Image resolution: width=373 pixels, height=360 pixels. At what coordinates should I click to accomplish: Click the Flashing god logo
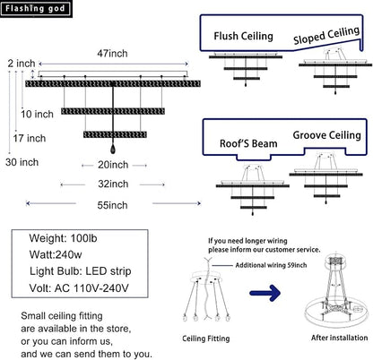click(36, 9)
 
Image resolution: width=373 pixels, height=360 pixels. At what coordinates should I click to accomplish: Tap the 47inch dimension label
click(112, 54)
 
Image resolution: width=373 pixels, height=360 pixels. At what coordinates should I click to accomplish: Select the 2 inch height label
click(22, 64)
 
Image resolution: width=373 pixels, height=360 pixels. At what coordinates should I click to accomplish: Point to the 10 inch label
click(37, 114)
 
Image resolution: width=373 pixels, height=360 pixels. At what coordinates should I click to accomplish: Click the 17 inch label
click(30, 138)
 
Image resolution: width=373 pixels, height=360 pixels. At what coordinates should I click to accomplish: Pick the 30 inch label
click(22, 162)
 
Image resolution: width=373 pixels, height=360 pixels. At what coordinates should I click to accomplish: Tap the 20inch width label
click(113, 165)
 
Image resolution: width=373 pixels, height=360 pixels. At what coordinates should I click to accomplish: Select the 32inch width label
click(113, 184)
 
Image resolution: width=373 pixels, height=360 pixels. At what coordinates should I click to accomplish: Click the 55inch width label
click(112, 205)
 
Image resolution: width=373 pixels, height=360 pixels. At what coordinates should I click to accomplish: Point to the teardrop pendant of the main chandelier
click(113, 149)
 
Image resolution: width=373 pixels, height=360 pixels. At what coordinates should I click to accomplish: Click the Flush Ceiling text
click(243, 36)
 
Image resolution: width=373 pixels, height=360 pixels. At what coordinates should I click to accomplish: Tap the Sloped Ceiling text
click(326, 35)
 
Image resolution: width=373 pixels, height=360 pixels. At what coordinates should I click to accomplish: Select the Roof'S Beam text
click(248, 143)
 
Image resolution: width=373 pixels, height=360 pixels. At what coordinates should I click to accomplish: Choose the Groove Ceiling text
click(326, 135)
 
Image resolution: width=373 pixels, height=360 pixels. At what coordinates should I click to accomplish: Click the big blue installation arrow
click(265, 293)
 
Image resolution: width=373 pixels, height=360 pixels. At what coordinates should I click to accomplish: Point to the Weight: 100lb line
click(63, 238)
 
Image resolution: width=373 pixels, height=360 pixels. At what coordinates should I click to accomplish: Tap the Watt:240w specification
click(56, 254)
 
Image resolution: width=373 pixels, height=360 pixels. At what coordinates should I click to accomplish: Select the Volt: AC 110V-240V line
click(79, 288)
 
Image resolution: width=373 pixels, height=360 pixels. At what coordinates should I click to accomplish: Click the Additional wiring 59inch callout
click(271, 265)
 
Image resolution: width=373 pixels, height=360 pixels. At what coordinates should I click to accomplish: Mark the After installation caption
click(339, 338)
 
